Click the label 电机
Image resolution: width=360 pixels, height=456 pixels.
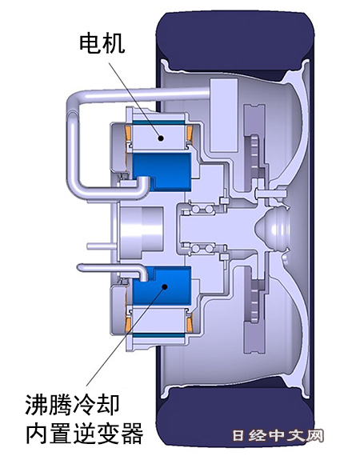[x=102, y=43]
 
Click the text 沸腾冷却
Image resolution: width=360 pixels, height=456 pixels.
[x=72, y=405]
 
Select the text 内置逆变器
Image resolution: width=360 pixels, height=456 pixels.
[x=85, y=433]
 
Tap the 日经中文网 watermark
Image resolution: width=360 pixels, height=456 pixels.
[x=278, y=436]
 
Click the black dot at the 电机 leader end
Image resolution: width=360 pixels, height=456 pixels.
[x=161, y=138]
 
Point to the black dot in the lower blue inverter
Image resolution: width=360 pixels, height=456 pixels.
[x=165, y=287]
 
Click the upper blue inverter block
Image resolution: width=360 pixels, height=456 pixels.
[x=162, y=171]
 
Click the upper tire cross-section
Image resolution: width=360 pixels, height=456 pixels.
[x=235, y=41]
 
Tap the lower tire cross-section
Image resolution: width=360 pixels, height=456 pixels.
[x=235, y=416]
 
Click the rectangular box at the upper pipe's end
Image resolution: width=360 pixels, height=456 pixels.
[x=223, y=115]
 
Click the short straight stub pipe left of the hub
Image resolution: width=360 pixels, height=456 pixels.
[x=102, y=246]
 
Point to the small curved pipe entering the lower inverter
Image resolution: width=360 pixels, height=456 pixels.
[x=116, y=269]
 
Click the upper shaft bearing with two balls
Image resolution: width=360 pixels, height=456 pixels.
[x=201, y=209]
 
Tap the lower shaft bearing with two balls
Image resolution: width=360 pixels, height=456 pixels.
[x=201, y=248]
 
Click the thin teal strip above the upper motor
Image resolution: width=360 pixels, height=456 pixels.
[x=158, y=122]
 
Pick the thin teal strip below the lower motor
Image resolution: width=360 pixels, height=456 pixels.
[x=158, y=335]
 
